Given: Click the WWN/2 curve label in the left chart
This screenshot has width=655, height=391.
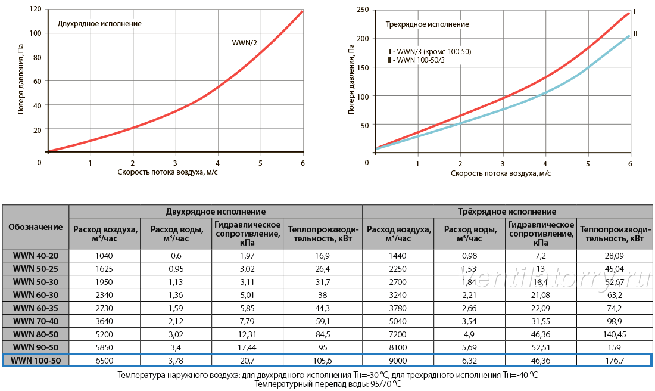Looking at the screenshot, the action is click(244, 43).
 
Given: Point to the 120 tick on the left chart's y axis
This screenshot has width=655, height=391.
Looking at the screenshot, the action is click(36, 9).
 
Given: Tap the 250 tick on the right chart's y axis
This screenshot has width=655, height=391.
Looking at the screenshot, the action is click(363, 10).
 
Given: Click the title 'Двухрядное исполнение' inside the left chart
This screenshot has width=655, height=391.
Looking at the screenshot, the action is click(99, 24).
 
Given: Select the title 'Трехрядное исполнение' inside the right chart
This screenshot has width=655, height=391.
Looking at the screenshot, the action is click(427, 24).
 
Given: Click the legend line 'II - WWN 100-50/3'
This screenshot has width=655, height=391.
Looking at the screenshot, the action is click(416, 60).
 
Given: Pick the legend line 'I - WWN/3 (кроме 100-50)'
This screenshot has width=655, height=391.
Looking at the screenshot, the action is click(429, 52).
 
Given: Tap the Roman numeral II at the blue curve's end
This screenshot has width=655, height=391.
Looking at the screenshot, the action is click(635, 34).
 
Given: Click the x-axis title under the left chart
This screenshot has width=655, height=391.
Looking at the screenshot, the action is click(167, 172).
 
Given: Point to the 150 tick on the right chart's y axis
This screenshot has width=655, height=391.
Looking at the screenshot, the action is click(363, 67).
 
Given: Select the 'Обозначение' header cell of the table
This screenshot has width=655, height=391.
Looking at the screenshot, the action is click(36, 227).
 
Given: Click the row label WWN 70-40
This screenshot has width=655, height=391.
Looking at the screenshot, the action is click(36, 321).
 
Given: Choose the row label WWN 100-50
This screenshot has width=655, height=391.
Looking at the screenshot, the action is click(36, 361).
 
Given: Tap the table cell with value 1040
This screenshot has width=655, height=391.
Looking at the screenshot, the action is click(104, 256).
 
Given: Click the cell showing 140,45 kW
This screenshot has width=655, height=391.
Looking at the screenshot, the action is click(615, 334).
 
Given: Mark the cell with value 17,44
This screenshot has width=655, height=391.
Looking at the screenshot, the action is click(247, 347).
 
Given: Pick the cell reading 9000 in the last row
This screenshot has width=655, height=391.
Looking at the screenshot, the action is click(398, 361).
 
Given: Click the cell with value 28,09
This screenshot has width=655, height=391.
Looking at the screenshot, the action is click(615, 256).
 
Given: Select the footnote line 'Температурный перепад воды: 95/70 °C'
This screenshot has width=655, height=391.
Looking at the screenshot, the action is click(328, 384).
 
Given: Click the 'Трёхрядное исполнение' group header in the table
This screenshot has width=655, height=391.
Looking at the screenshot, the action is click(507, 211).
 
